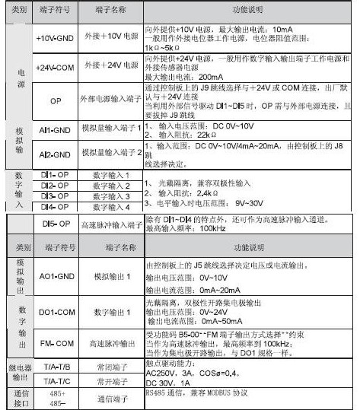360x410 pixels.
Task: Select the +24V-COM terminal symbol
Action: pos(54,65)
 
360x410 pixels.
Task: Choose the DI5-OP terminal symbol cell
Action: pos(55,224)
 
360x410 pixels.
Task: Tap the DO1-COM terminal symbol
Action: pos(55,312)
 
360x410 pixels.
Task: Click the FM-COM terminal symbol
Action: pos(54,343)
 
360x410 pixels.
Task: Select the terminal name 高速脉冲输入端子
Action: pos(111,224)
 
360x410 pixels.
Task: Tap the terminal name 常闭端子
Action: pos(111,366)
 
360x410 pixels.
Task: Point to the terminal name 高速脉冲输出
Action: pos(111,343)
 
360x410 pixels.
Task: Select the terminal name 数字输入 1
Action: pos(111,175)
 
